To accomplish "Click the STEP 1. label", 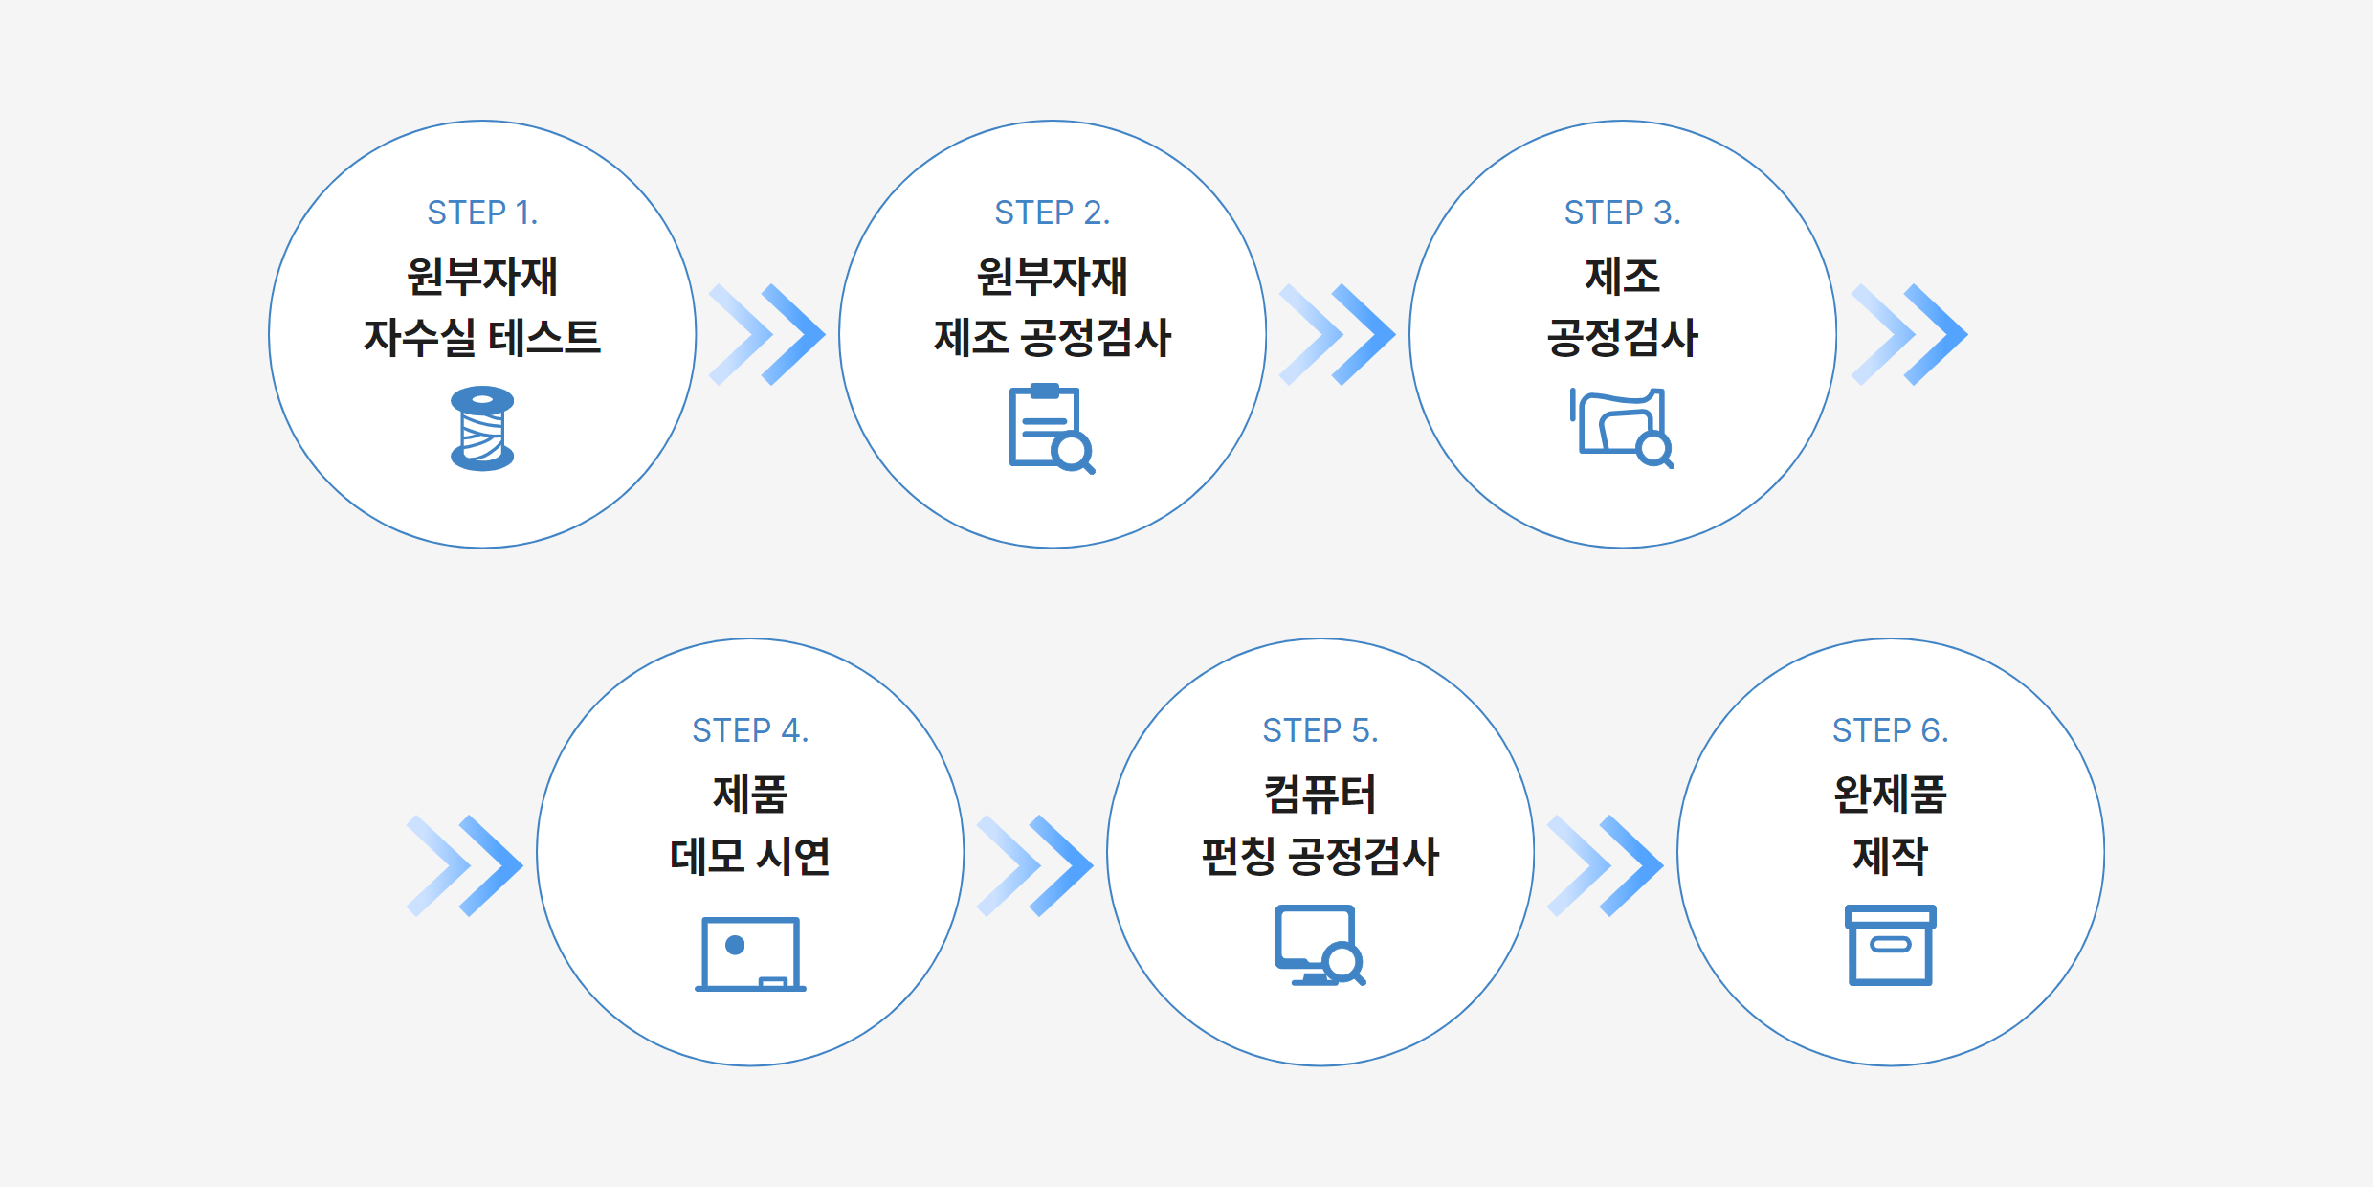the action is [x=482, y=213].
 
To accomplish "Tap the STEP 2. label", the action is [x=1053, y=213].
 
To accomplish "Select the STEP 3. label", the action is [x=1623, y=213].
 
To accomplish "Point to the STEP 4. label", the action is [x=750, y=730].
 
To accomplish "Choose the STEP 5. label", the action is [x=1320, y=730].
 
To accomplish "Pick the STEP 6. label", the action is [x=1891, y=730].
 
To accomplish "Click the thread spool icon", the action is [x=482, y=428].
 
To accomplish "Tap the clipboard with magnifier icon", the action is [x=1052, y=429].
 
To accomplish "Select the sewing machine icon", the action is [x=1622, y=428].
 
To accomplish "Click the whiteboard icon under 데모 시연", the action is [x=750, y=953].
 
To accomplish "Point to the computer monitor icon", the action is [x=1320, y=945].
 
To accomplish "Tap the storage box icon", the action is [x=1891, y=945].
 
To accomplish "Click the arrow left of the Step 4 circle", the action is [x=465, y=866].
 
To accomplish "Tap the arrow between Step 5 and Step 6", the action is [x=1606, y=866].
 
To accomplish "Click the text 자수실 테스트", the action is [x=482, y=338].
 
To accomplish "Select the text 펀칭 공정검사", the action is [x=1320, y=856].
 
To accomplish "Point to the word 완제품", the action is [x=1891, y=794].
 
